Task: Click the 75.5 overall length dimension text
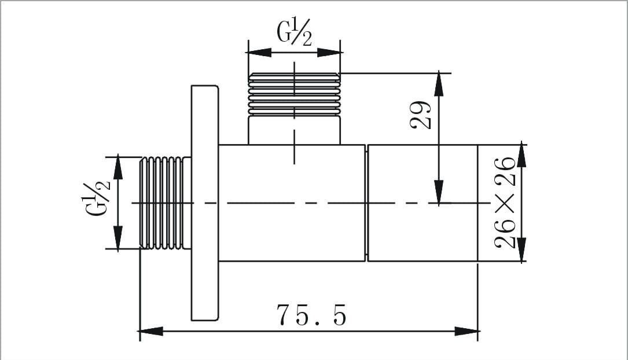click(x=311, y=315)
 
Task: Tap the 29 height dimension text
click(x=421, y=115)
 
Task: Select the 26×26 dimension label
click(x=506, y=202)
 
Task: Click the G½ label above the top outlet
click(x=294, y=34)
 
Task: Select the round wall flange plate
click(x=204, y=203)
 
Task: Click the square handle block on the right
click(x=422, y=203)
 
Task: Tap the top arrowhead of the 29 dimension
click(x=440, y=85)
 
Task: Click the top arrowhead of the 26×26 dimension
click(x=522, y=155)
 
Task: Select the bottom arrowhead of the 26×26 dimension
click(x=522, y=250)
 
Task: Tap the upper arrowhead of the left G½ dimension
click(x=118, y=167)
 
